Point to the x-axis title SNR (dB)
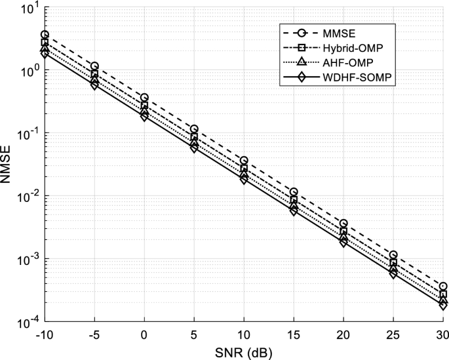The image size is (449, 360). [243, 351]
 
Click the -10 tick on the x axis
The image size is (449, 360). [45, 334]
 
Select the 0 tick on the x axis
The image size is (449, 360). [144, 334]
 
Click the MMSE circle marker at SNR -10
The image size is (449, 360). [45, 35]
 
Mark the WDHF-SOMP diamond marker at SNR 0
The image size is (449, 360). [144, 117]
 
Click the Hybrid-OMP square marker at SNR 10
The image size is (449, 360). [244, 169]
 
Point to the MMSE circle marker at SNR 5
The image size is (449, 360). [194, 129]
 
